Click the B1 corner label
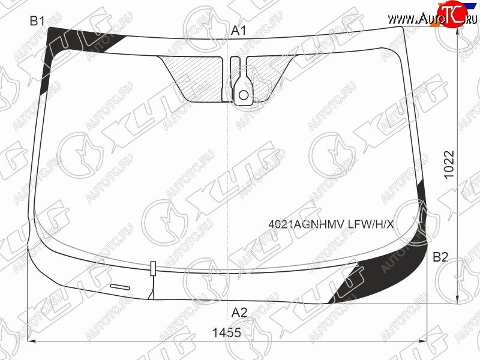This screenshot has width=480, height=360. pyautogui.click(x=37, y=21)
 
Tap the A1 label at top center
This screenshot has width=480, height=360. pyautogui.click(x=238, y=31)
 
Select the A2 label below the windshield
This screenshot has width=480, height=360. pyautogui.click(x=239, y=313)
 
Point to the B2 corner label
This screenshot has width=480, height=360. pyautogui.click(x=440, y=257)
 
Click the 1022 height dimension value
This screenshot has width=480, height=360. pyautogui.click(x=449, y=164)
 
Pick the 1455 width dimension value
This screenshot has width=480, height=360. pyautogui.click(x=227, y=332)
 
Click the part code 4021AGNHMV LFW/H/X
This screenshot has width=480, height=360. pyautogui.click(x=331, y=224)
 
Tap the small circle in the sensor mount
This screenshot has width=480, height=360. pyautogui.click(x=244, y=95)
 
